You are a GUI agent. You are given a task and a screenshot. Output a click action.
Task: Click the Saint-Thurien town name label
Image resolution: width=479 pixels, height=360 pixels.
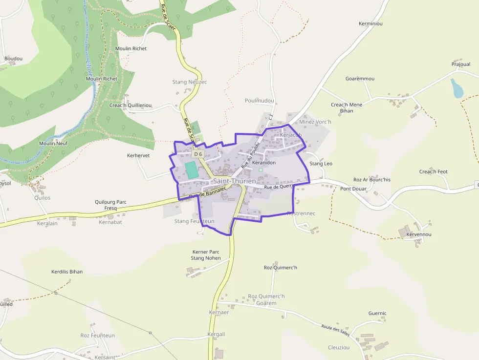[234, 181]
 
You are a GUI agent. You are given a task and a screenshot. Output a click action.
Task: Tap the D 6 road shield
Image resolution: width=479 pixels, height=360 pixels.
[197, 154]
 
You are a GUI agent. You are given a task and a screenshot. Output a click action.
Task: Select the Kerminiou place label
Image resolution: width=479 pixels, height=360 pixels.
[370, 23]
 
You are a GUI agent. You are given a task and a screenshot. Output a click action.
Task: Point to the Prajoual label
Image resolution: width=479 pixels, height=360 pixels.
[461, 64]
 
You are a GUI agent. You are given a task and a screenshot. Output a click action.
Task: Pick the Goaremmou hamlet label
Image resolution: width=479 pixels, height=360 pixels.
[360, 79]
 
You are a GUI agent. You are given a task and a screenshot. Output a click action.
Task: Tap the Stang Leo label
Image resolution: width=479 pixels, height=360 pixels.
[321, 164]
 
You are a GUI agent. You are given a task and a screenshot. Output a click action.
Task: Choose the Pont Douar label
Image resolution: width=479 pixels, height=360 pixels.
[353, 189]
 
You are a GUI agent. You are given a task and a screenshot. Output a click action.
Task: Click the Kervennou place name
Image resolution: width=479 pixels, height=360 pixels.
[419, 234]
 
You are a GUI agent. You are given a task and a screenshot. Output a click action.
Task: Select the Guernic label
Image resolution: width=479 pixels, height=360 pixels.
[377, 314]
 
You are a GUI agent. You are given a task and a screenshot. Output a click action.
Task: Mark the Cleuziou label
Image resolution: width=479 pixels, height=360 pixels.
[339, 347]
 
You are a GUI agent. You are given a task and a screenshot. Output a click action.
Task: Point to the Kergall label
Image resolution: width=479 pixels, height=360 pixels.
[216, 334]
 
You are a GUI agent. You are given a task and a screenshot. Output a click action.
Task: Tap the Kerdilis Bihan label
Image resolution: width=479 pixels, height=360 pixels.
[67, 272]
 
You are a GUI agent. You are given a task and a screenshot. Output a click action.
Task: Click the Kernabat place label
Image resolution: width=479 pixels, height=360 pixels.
[110, 222]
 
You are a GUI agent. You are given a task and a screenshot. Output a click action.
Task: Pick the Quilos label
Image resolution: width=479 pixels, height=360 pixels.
[43, 198]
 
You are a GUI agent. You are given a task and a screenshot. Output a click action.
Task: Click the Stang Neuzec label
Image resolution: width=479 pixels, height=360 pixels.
[190, 82]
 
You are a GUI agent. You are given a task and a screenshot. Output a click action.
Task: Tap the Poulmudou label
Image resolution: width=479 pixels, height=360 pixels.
[260, 101]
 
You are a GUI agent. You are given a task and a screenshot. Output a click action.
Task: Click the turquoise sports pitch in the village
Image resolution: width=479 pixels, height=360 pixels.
[192, 170]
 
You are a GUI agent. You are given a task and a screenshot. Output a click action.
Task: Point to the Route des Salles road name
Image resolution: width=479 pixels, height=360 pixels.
[335, 330]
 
